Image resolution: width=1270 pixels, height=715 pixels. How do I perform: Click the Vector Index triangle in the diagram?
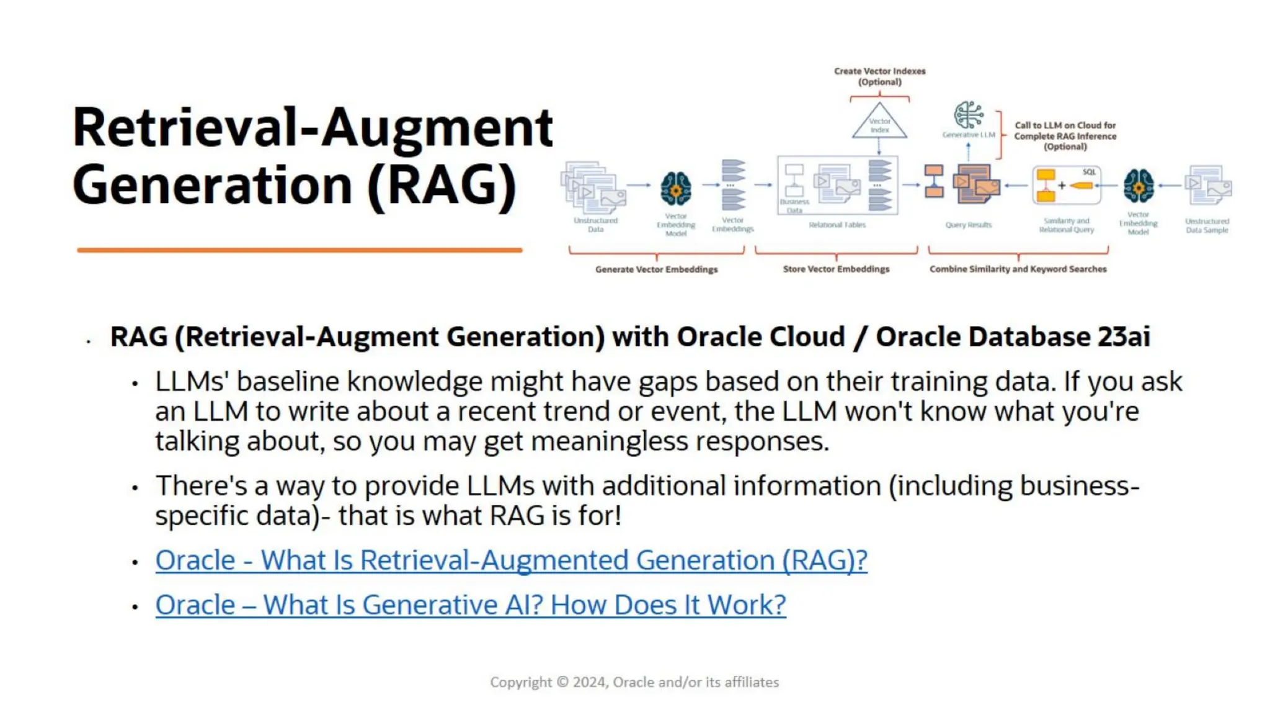(879, 123)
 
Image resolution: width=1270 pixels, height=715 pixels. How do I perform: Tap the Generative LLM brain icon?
(968, 115)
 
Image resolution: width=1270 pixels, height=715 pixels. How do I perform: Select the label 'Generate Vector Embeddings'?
(656, 269)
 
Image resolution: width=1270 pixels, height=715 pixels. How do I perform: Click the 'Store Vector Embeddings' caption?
(835, 269)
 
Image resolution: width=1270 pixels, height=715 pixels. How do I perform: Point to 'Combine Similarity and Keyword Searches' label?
(1018, 269)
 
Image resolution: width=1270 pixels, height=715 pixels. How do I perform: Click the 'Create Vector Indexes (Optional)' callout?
(879, 76)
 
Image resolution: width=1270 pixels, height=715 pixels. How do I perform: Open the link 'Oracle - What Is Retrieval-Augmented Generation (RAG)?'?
(511, 560)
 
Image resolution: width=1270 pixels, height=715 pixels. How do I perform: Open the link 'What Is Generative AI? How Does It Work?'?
(471, 605)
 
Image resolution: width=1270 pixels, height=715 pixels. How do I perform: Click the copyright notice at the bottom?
(634, 682)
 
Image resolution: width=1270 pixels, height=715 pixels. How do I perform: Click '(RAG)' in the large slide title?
(442, 185)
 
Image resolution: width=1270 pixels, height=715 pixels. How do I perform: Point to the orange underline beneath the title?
(300, 250)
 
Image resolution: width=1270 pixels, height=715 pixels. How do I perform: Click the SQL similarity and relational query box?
(1066, 185)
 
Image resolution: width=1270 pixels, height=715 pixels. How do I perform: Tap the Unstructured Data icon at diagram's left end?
(593, 185)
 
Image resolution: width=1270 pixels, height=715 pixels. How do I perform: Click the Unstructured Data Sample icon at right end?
(1207, 185)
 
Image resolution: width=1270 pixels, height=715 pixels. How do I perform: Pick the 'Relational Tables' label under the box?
(837, 225)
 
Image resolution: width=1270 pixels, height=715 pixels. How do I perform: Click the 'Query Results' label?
(968, 225)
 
